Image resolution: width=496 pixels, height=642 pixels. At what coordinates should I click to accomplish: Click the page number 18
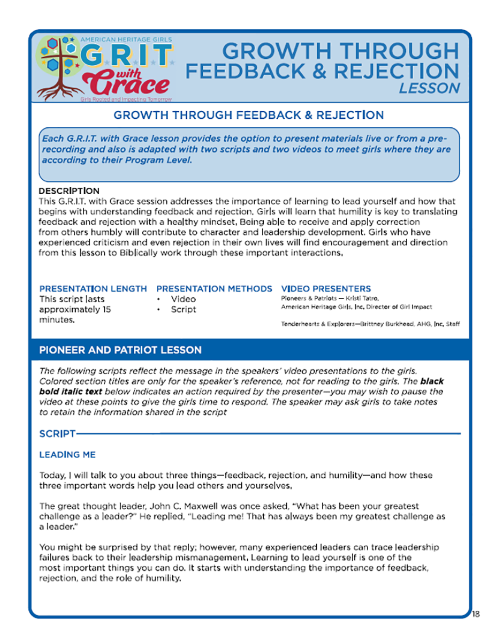tap(476, 614)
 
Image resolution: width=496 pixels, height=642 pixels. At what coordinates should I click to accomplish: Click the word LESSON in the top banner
tap(429, 88)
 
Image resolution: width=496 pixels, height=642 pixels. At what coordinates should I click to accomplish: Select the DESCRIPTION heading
tap(69, 191)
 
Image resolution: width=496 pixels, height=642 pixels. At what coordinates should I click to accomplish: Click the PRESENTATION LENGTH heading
tap(93, 288)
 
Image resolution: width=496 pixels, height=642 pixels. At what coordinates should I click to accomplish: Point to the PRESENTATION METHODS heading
tap(214, 288)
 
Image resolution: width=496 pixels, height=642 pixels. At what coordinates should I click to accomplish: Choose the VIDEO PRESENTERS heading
tap(325, 288)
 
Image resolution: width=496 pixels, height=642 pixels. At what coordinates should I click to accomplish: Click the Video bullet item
tap(183, 299)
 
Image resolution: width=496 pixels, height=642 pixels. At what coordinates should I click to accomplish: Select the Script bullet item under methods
tap(183, 309)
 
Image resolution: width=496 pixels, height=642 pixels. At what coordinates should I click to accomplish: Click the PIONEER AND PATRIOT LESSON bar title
tap(120, 350)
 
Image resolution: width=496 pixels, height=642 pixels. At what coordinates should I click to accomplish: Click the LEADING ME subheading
tap(67, 455)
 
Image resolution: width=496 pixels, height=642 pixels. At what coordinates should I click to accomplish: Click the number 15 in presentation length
tap(106, 309)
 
